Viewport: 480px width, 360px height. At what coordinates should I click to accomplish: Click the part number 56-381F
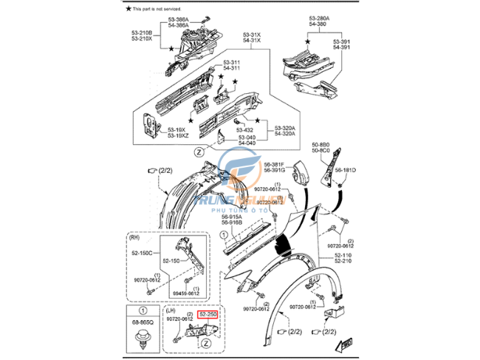pos(275,163)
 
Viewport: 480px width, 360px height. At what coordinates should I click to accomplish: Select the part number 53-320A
pos(285,127)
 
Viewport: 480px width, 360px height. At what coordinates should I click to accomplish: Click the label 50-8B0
pos(320,144)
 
